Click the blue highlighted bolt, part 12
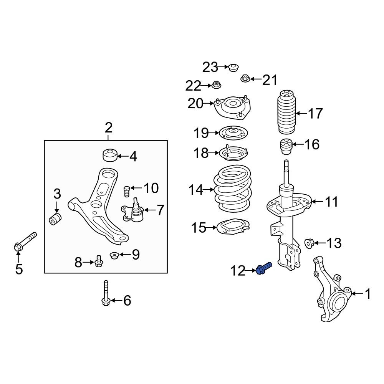point(264,268)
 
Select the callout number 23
point(210,68)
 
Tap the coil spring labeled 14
point(233,189)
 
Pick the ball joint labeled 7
point(134,211)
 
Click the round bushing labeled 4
point(110,155)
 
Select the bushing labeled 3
point(56,219)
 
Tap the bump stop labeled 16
point(286,146)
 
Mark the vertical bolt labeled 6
point(106,294)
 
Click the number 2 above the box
point(108,127)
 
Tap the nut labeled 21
point(245,79)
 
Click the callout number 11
point(332,201)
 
